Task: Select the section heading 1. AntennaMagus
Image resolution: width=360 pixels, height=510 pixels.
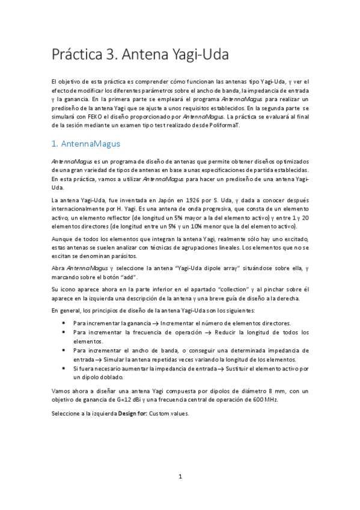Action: coord(86,144)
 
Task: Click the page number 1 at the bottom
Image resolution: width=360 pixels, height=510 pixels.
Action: coord(180,476)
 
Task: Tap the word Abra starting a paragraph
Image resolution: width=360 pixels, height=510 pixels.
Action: coord(58,268)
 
